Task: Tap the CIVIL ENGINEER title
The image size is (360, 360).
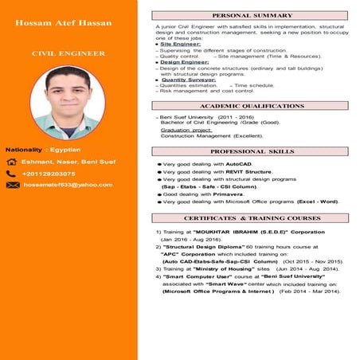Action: click(x=68, y=53)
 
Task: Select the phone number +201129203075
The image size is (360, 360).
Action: click(x=49, y=173)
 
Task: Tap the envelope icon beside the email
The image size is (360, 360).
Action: click(x=12, y=185)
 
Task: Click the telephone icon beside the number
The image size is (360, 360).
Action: click(x=11, y=173)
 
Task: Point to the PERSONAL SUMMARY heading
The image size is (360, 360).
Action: click(x=252, y=15)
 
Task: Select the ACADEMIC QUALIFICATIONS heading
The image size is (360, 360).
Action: click(x=252, y=105)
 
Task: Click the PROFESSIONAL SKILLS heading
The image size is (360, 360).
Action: click(x=252, y=151)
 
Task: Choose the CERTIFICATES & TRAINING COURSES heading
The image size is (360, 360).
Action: click(x=252, y=217)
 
